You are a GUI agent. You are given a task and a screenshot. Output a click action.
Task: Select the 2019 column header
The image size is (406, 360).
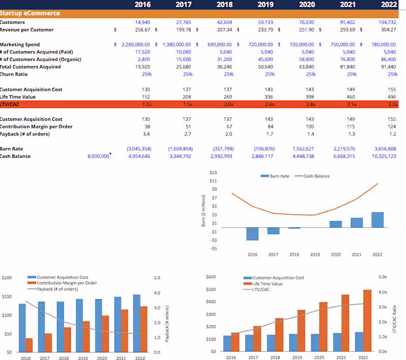click(x=265, y=5)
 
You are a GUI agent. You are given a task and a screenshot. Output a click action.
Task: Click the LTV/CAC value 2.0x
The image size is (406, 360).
click(x=228, y=104)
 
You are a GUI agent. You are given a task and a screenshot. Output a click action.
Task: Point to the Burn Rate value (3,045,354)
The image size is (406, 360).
click(x=139, y=149)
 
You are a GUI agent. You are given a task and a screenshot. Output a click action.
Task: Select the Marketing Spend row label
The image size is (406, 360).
click(x=20, y=45)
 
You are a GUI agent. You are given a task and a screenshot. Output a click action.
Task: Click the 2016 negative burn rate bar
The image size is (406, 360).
click(x=252, y=234)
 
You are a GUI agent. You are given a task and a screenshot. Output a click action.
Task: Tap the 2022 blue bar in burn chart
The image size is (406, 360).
click(x=377, y=220)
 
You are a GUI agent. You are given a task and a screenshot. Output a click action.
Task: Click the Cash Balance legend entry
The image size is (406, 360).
click(x=317, y=176)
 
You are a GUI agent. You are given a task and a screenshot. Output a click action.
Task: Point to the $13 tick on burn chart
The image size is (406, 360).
click(x=213, y=173)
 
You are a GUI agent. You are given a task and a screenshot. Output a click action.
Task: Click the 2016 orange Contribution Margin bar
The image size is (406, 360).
click(x=29, y=345)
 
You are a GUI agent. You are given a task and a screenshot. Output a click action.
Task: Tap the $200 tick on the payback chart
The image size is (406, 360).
click(x=7, y=278)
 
